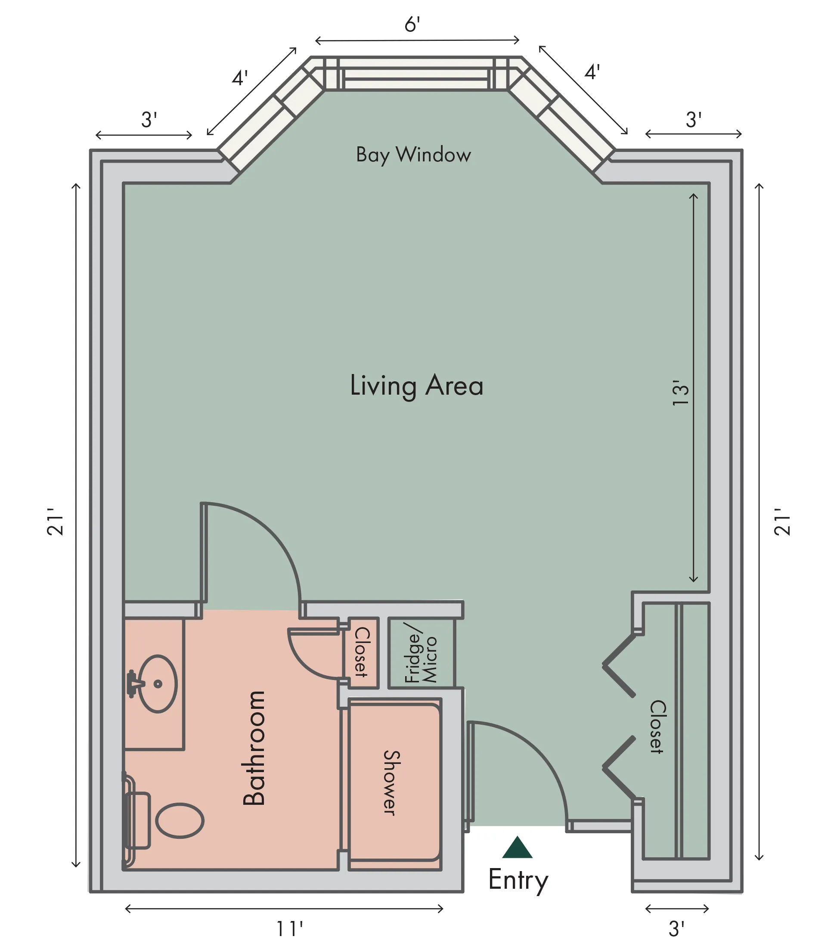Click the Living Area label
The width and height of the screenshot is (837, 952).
pos(417,386)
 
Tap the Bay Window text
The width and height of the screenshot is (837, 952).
pos(413,155)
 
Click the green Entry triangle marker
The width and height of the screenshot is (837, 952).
pos(517,847)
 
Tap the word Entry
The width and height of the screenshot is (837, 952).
pos(518,880)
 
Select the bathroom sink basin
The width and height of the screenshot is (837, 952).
pos(158,684)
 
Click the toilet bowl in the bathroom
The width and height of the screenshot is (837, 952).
pos(180,821)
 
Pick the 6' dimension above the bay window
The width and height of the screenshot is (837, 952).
pos(412,25)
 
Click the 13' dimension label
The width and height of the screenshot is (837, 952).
pos(681,393)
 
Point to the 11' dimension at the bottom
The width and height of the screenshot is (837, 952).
pos(289,929)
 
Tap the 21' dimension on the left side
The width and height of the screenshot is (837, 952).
pos(56,522)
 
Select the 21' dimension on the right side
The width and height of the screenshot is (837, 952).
pos(782,522)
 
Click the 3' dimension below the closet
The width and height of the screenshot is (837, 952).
pos(676,929)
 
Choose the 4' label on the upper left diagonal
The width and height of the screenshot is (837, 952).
pos(240,78)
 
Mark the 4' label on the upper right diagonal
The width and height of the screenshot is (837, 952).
pos(592,72)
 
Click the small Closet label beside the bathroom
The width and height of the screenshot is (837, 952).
pos(362,652)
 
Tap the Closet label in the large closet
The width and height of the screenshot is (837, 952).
pos(657,726)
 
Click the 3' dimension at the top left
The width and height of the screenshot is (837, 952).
pos(149,120)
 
